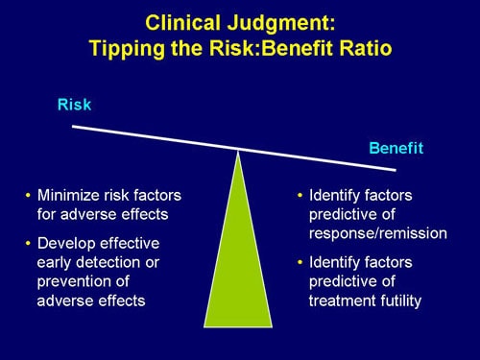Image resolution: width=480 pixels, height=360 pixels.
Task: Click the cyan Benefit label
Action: pyautogui.click(x=396, y=149)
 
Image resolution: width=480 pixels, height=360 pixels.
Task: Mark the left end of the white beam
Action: pyautogui.click(x=74, y=126)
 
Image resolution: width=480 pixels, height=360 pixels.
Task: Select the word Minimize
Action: pyautogui.click(x=71, y=195)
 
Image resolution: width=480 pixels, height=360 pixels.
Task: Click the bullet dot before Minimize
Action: pyautogui.click(x=28, y=196)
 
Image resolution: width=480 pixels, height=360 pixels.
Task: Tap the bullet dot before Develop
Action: pyautogui.click(x=28, y=243)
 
